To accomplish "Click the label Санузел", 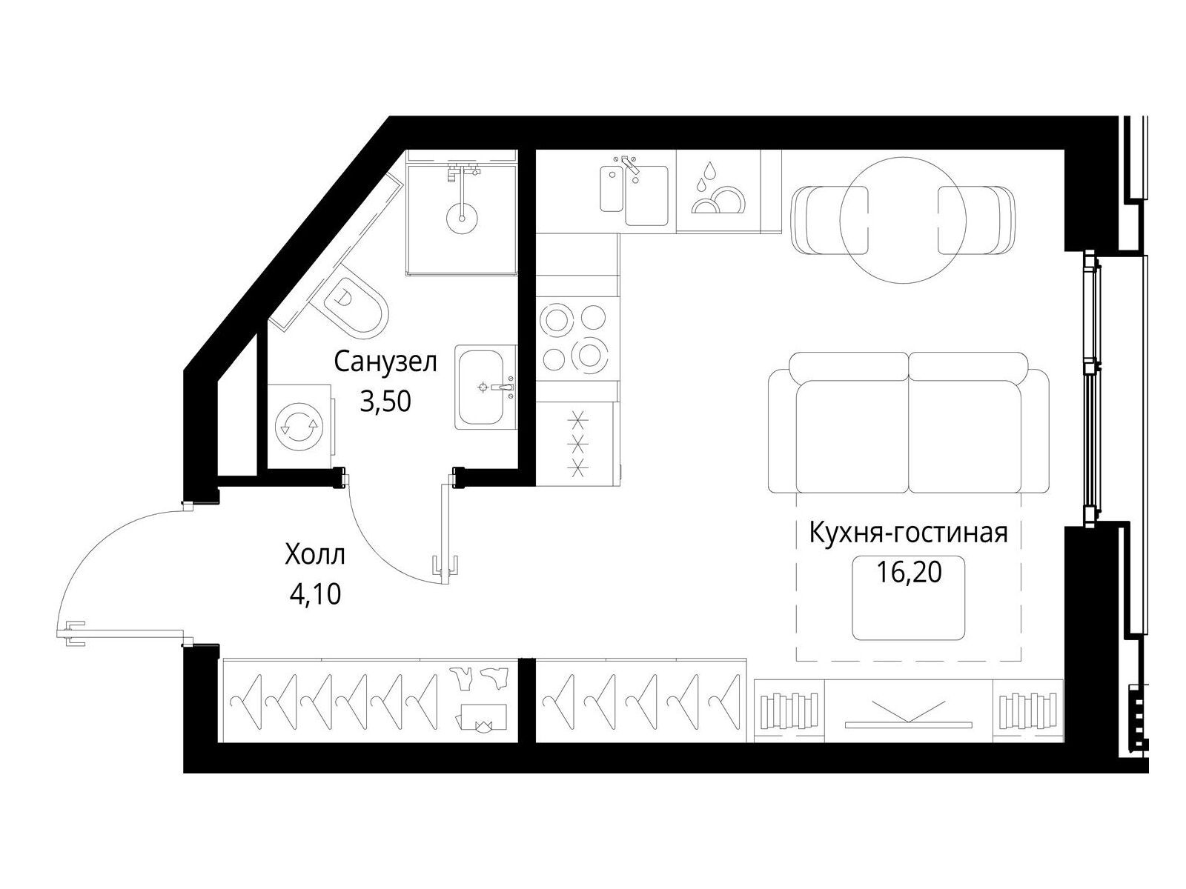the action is click(385, 363).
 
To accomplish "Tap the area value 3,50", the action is click(385, 402).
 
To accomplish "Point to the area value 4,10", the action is click(316, 594).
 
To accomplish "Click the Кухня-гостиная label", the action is click(908, 532).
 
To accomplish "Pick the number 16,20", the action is click(909, 572).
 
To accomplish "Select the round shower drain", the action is click(462, 218).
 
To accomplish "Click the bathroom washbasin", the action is click(486, 387).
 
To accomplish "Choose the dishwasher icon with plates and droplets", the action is click(718, 191).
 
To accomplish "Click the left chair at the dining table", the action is click(829, 220).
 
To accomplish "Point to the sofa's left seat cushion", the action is click(852, 436).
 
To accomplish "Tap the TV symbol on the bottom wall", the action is click(908, 714).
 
